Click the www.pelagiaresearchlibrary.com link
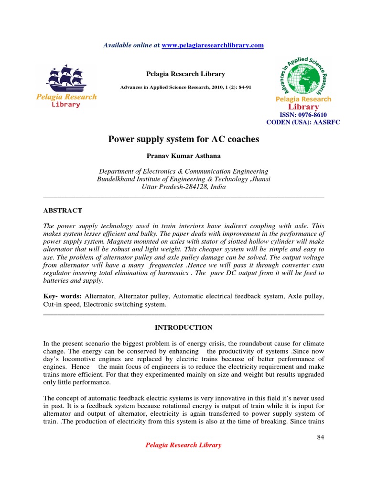point(213,45)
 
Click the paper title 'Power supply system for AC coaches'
point(183,139)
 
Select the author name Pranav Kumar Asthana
point(183,156)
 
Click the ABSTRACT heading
point(63,211)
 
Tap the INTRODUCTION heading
point(183,327)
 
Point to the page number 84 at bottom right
point(320,437)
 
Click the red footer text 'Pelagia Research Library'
point(183,445)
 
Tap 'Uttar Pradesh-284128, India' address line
point(183,187)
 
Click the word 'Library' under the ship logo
point(66,104)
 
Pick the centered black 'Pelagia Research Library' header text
point(185,74)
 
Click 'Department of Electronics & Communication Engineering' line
point(183,171)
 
